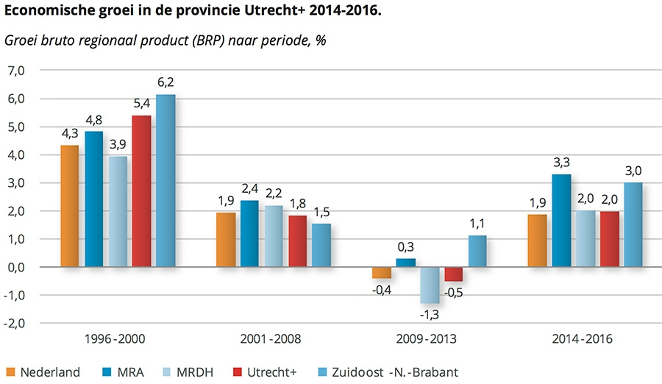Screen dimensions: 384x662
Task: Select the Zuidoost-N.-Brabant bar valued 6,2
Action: tap(165, 181)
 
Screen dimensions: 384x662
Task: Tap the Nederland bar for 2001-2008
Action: tap(226, 240)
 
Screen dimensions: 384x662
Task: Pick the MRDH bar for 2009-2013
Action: tap(430, 285)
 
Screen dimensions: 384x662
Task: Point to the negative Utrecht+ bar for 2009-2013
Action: tap(454, 274)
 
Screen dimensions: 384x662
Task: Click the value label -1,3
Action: tap(430, 313)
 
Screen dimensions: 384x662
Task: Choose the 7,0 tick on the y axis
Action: tap(15, 71)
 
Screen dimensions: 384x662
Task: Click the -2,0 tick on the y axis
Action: tap(14, 323)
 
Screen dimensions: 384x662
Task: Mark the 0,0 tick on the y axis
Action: tap(15, 267)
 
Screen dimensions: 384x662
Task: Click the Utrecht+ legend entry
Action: tap(268, 371)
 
